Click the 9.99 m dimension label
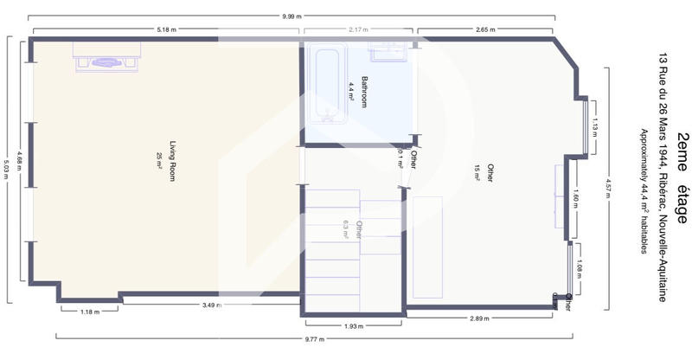(x=291, y=16)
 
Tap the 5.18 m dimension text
(x=167, y=29)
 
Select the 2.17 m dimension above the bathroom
(x=359, y=29)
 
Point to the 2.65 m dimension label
(x=486, y=29)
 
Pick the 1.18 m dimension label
(x=90, y=311)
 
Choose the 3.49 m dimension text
(x=212, y=305)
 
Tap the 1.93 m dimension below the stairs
(x=354, y=325)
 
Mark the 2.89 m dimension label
(x=480, y=319)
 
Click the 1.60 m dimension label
(x=577, y=200)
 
